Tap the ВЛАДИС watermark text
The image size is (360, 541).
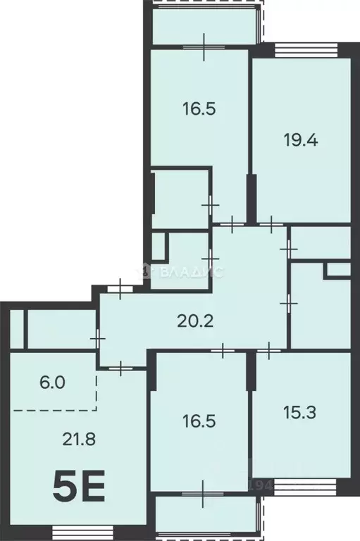pos(190,270)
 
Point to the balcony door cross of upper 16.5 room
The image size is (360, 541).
pos(203,46)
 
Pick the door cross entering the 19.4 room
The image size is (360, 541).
pos(272,224)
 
